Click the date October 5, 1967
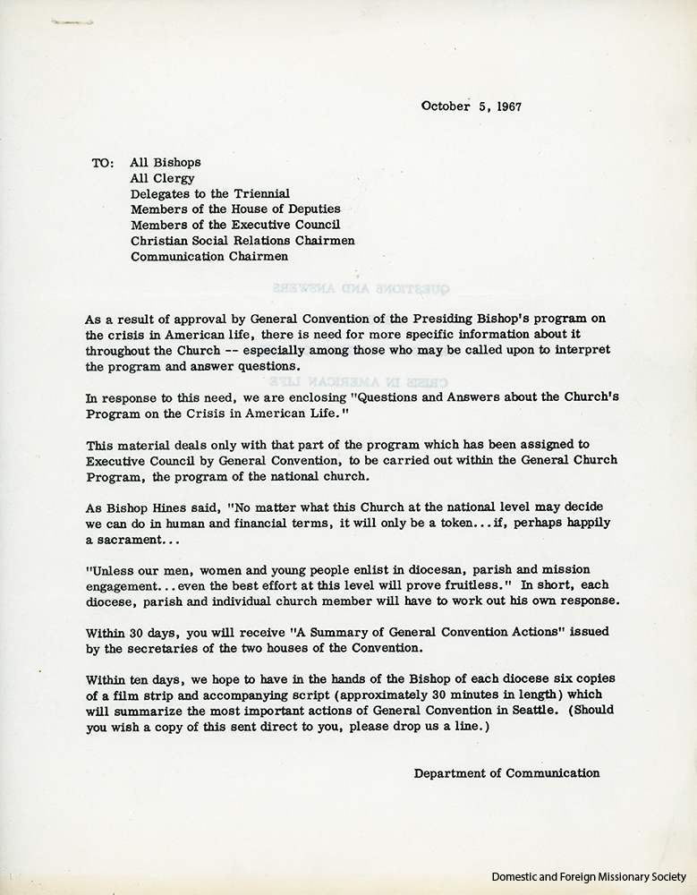472,106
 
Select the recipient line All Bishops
166,163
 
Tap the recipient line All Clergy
163,178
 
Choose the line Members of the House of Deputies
235,209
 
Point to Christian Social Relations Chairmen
242,240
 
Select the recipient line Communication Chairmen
209,256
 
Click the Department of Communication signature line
506,773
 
